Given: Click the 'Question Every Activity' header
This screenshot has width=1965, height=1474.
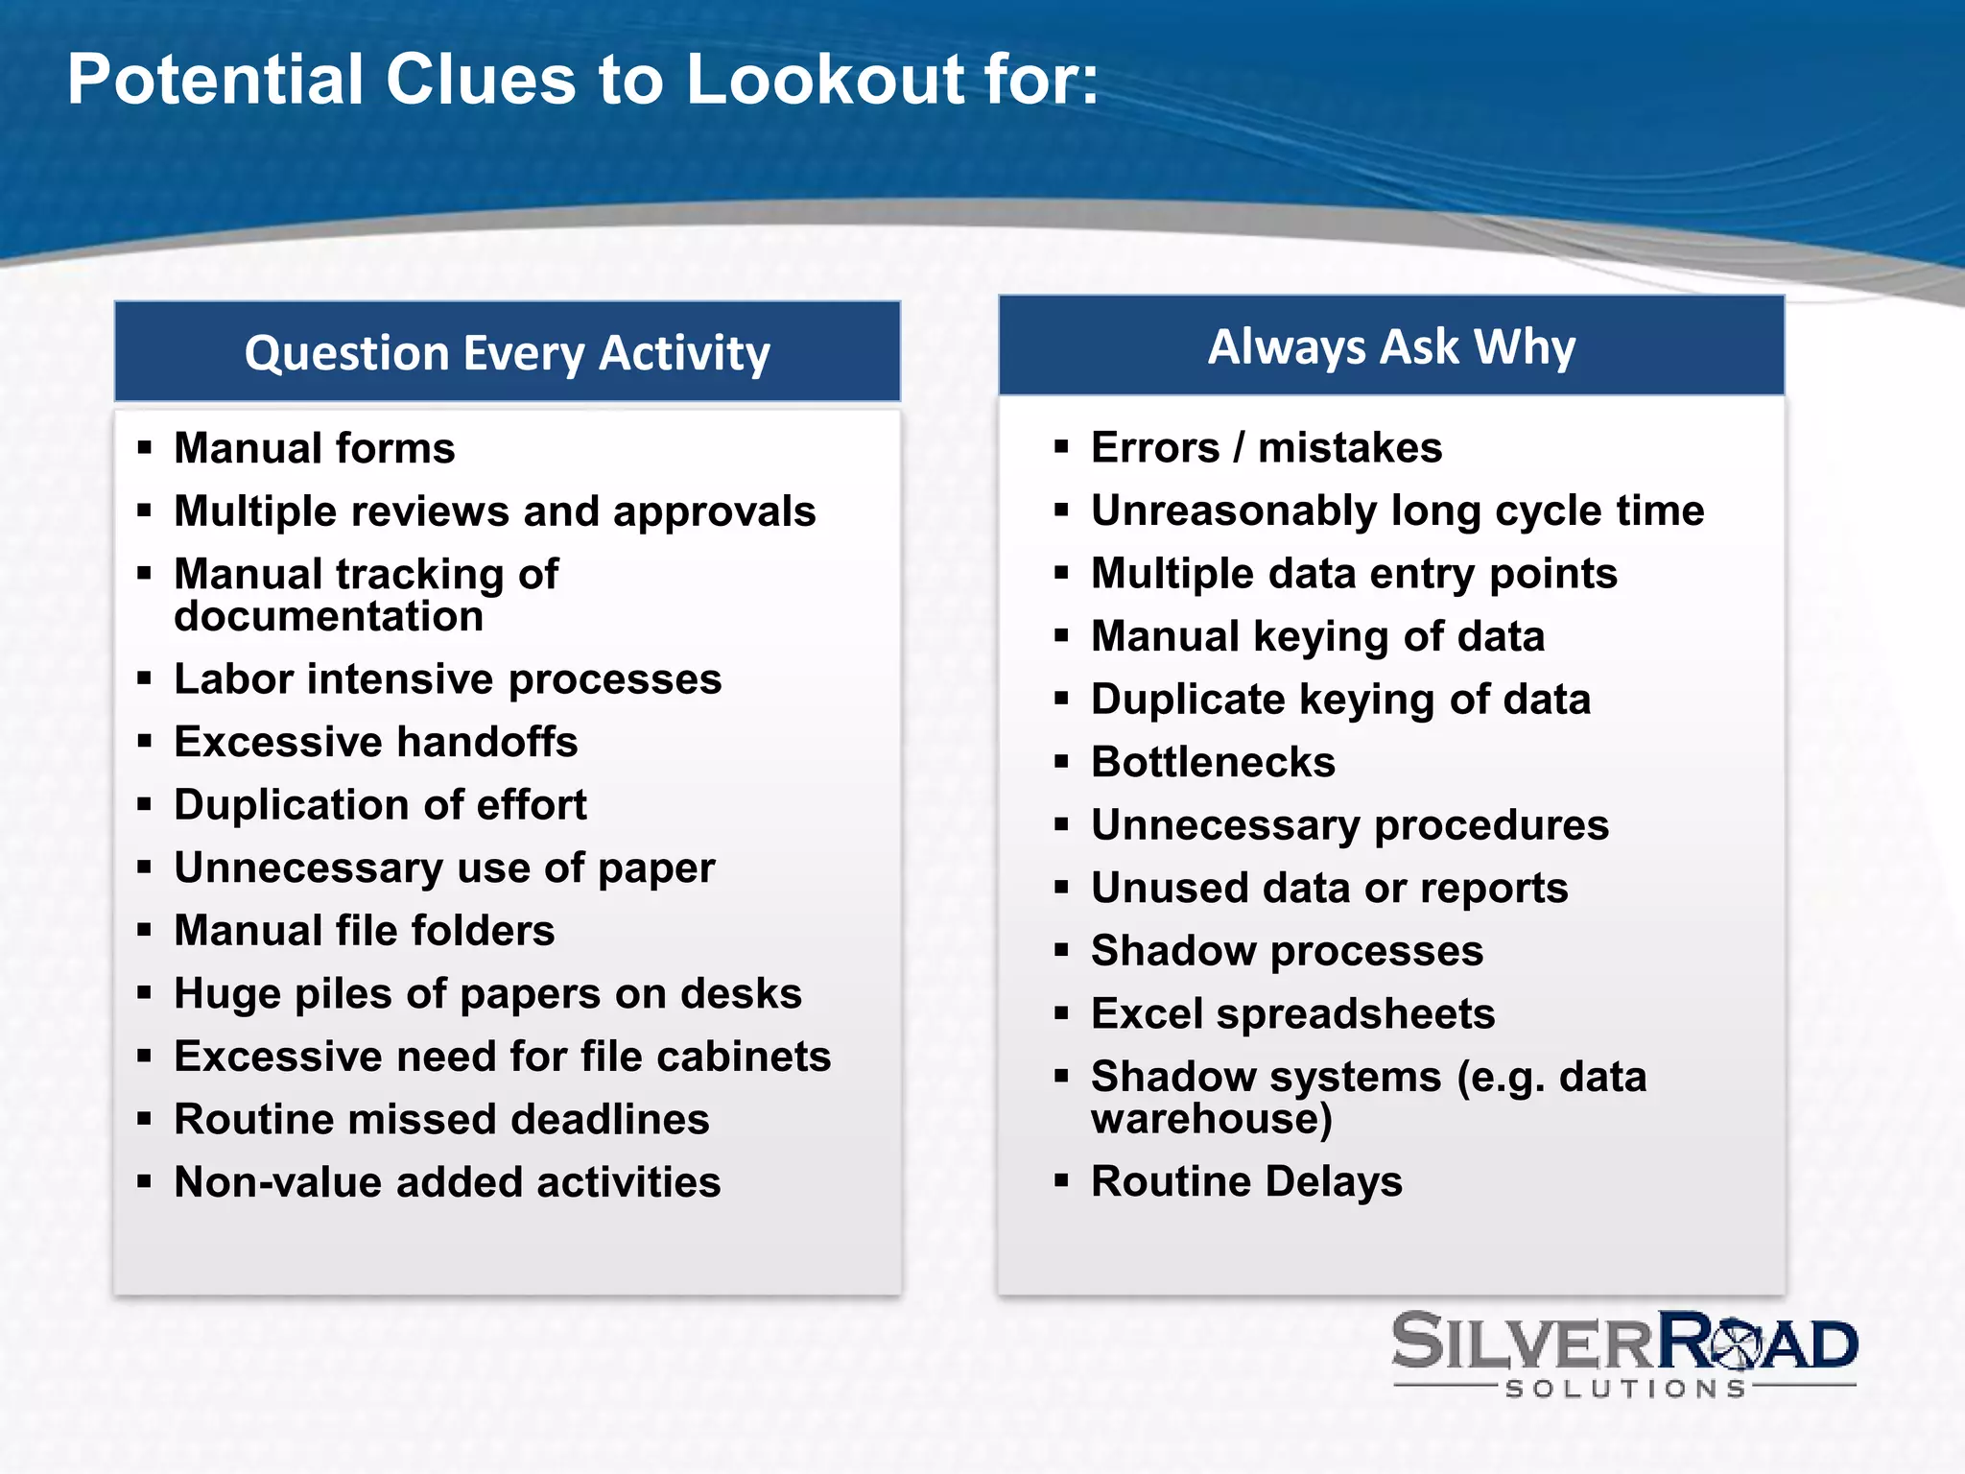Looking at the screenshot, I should (507, 353).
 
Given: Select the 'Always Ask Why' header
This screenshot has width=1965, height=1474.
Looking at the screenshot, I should (1391, 346).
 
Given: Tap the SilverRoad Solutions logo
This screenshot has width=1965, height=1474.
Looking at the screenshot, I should (1623, 1353).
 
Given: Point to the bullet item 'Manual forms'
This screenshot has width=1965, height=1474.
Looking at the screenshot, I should (314, 448).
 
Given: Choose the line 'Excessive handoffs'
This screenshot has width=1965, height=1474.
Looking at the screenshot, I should (375, 742).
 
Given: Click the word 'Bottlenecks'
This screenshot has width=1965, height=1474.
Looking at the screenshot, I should (1213, 762).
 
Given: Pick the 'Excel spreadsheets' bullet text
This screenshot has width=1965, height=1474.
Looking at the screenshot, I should (1292, 1013).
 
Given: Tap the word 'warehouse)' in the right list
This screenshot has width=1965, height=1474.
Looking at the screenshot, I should (1212, 1119).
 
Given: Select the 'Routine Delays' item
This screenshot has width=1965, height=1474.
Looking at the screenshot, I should (1246, 1181).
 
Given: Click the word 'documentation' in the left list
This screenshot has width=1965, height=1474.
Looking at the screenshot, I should (328, 616).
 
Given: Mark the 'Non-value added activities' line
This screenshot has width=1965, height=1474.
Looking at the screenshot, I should (447, 1182).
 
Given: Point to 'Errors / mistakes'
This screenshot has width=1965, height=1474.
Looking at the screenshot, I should (1267, 448).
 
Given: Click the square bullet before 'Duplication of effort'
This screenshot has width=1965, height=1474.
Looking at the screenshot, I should (145, 804).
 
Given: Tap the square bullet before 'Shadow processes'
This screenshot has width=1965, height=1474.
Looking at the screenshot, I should (1061, 951).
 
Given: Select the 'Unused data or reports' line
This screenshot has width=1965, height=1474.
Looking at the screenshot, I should (1329, 888).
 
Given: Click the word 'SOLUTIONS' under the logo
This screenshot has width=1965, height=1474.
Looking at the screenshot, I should (1625, 1389).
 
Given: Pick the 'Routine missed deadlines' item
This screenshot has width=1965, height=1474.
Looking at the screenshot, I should (441, 1119).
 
